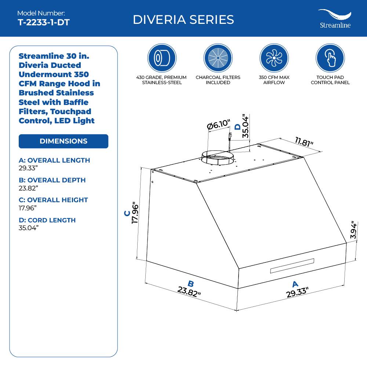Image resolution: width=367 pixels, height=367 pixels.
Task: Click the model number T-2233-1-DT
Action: [x=43, y=22]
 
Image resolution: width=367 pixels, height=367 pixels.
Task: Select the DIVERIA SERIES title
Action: [x=183, y=19]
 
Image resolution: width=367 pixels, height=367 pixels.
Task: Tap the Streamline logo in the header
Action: [x=334, y=19]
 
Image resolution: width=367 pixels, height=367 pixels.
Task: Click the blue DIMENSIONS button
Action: [x=63, y=141]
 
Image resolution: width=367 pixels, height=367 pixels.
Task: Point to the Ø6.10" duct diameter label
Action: [x=219, y=125]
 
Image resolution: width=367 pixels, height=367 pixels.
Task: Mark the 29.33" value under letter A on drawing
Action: [x=297, y=292]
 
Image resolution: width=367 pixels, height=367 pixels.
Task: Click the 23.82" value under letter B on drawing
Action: [x=189, y=292]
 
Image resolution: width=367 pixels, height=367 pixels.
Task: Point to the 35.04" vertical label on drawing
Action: [x=246, y=126]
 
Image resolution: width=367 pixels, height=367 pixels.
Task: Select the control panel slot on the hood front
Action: [x=292, y=266]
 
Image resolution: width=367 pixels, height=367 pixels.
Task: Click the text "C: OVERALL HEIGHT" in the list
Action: [x=53, y=200]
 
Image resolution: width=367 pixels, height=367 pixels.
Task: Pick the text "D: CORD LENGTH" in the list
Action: [x=47, y=220]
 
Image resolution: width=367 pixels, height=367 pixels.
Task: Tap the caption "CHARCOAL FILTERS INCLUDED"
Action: [x=218, y=80]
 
